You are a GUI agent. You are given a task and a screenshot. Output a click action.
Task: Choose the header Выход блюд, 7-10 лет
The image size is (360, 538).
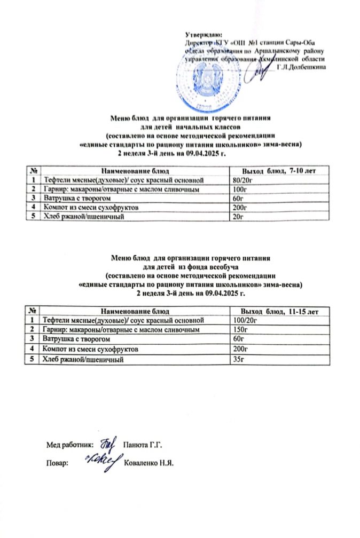(x=279, y=170)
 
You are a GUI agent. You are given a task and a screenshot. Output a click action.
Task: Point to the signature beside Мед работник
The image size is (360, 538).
(x=108, y=442)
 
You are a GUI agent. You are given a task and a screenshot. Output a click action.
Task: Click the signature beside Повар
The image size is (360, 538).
(x=102, y=461)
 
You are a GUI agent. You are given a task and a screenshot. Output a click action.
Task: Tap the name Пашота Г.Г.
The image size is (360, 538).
(x=142, y=444)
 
